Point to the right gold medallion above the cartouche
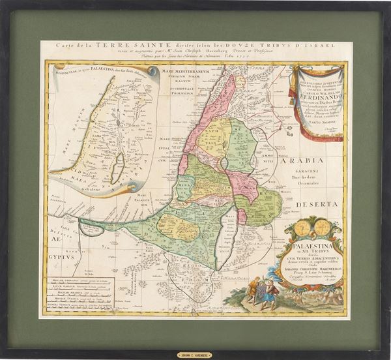323,228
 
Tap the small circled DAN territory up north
240,83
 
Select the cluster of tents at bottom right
313,297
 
